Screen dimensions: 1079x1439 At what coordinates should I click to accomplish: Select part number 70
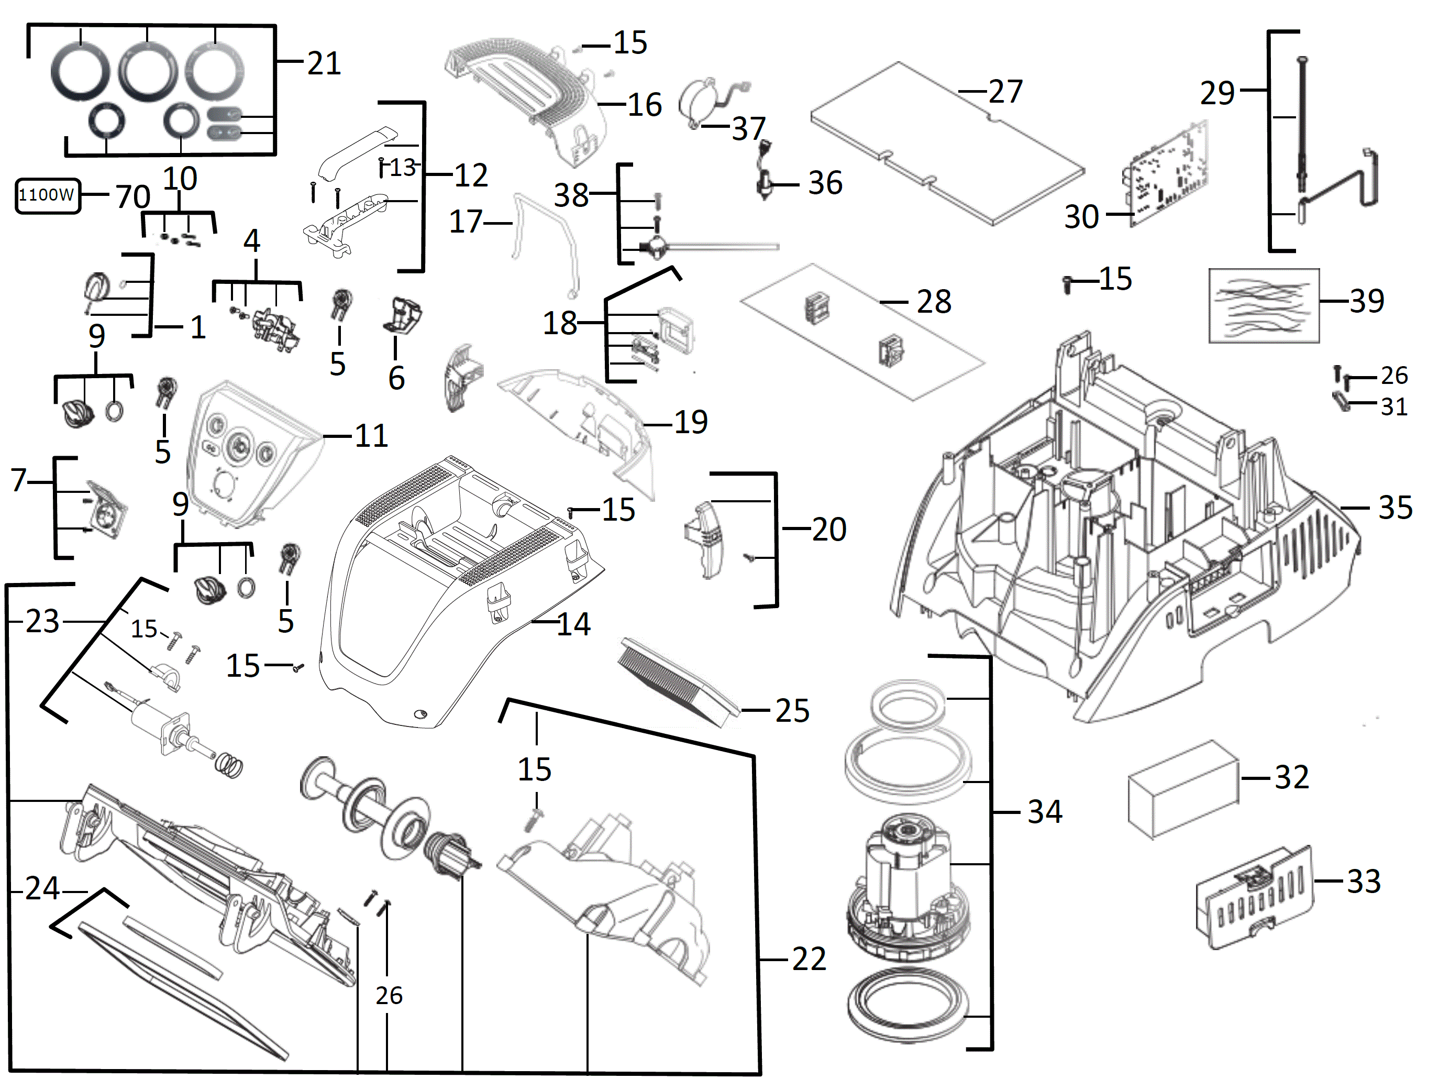(x=132, y=196)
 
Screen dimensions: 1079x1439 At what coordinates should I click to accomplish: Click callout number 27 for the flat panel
(x=1005, y=92)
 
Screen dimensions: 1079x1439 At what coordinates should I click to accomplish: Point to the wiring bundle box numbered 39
(x=1264, y=305)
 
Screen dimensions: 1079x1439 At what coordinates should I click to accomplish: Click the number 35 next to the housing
(x=1395, y=508)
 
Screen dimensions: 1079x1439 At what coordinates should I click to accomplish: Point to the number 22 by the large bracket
(x=809, y=959)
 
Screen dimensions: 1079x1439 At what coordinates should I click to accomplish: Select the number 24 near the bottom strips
(x=43, y=888)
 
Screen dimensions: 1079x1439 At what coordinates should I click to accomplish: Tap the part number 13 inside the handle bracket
(x=402, y=167)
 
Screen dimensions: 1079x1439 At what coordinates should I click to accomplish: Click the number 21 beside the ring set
(x=323, y=63)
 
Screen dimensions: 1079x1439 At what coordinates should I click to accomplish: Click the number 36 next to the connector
(x=825, y=183)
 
